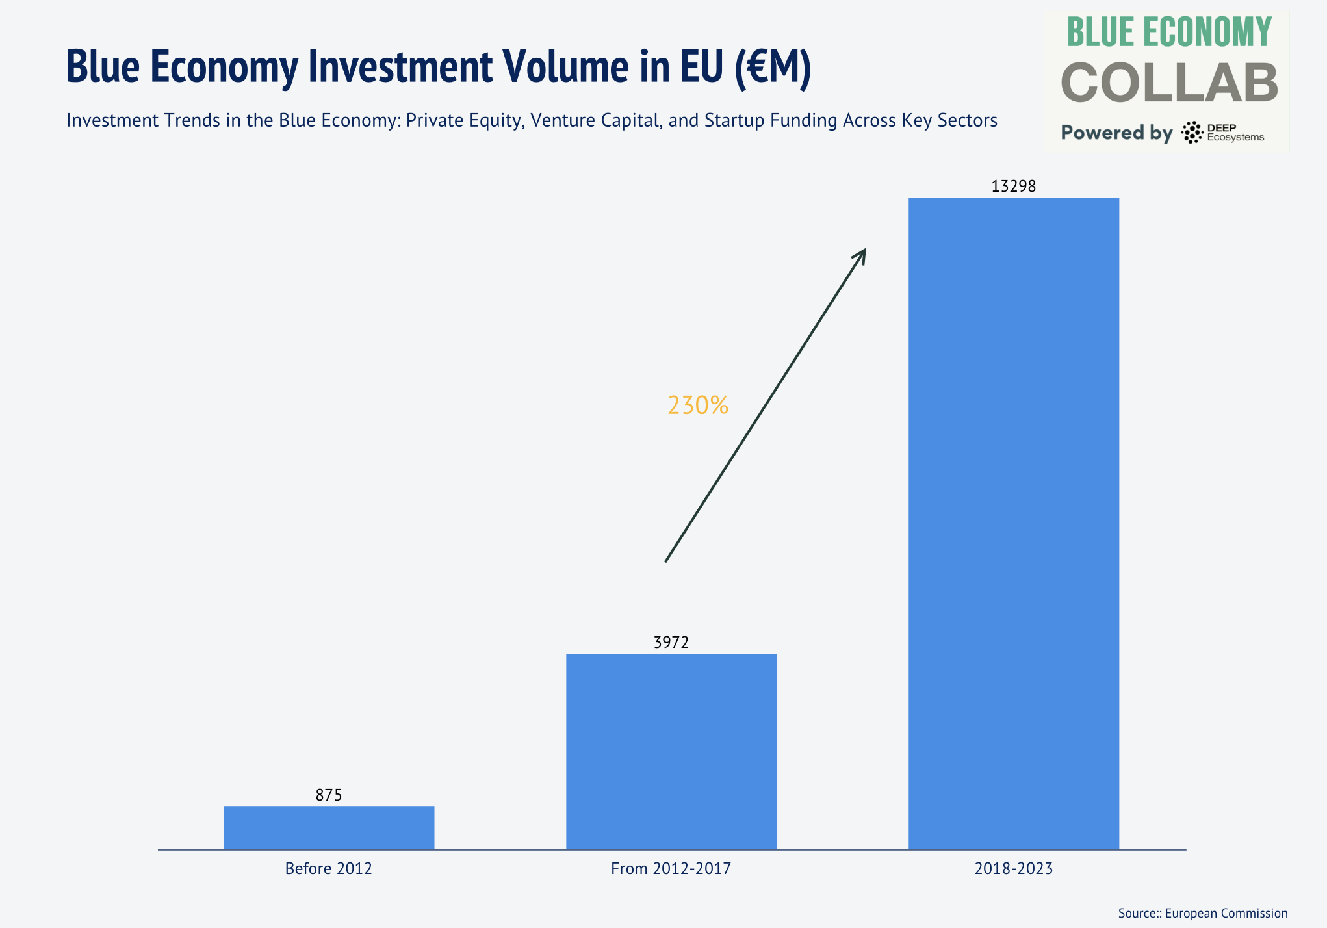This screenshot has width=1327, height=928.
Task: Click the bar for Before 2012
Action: [x=329, y=827]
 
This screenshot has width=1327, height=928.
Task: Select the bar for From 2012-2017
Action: [x=671, y=751]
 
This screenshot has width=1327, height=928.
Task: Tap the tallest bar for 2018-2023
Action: [x=1013, y=523]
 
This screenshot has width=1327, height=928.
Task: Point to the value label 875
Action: [x=329, y=795]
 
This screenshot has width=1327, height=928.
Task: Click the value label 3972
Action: [x=671, y=643]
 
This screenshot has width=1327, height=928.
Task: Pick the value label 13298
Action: [x=1013, y=187]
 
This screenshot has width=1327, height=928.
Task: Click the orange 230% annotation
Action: [x=698, y=406]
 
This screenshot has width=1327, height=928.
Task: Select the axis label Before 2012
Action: [x=329, y=869]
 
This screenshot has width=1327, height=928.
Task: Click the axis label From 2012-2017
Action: [x=671, y=869]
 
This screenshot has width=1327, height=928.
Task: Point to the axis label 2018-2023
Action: [x=1013, y=869]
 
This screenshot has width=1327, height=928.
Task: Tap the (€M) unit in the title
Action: [x=773, y=66]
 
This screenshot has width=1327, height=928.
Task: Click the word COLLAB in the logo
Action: [x=1169, y=84]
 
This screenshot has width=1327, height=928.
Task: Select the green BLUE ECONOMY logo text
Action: [x=1169, y=32]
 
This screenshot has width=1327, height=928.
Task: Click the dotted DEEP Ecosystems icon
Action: [x=1192, y=133]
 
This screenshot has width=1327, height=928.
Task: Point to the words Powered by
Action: [x=1116, y=133]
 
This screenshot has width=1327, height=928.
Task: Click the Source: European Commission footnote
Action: [x=1202, y=913]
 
